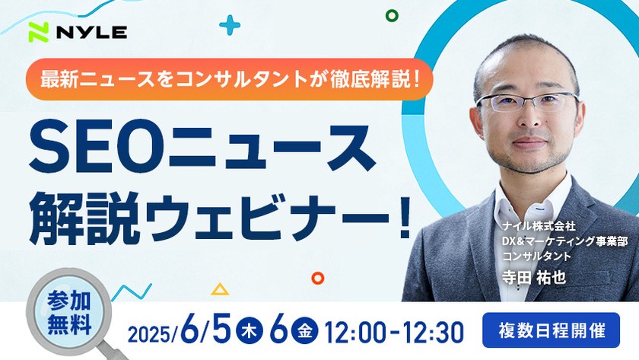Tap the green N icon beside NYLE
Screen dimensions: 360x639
point(39,32)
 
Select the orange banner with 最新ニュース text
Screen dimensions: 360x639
point(227,78)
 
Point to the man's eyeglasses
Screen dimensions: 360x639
point(527,102)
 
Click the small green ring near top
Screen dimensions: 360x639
point(393,15)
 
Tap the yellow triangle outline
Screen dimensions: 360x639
point(220,289)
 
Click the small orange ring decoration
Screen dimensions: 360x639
point(318,279)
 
